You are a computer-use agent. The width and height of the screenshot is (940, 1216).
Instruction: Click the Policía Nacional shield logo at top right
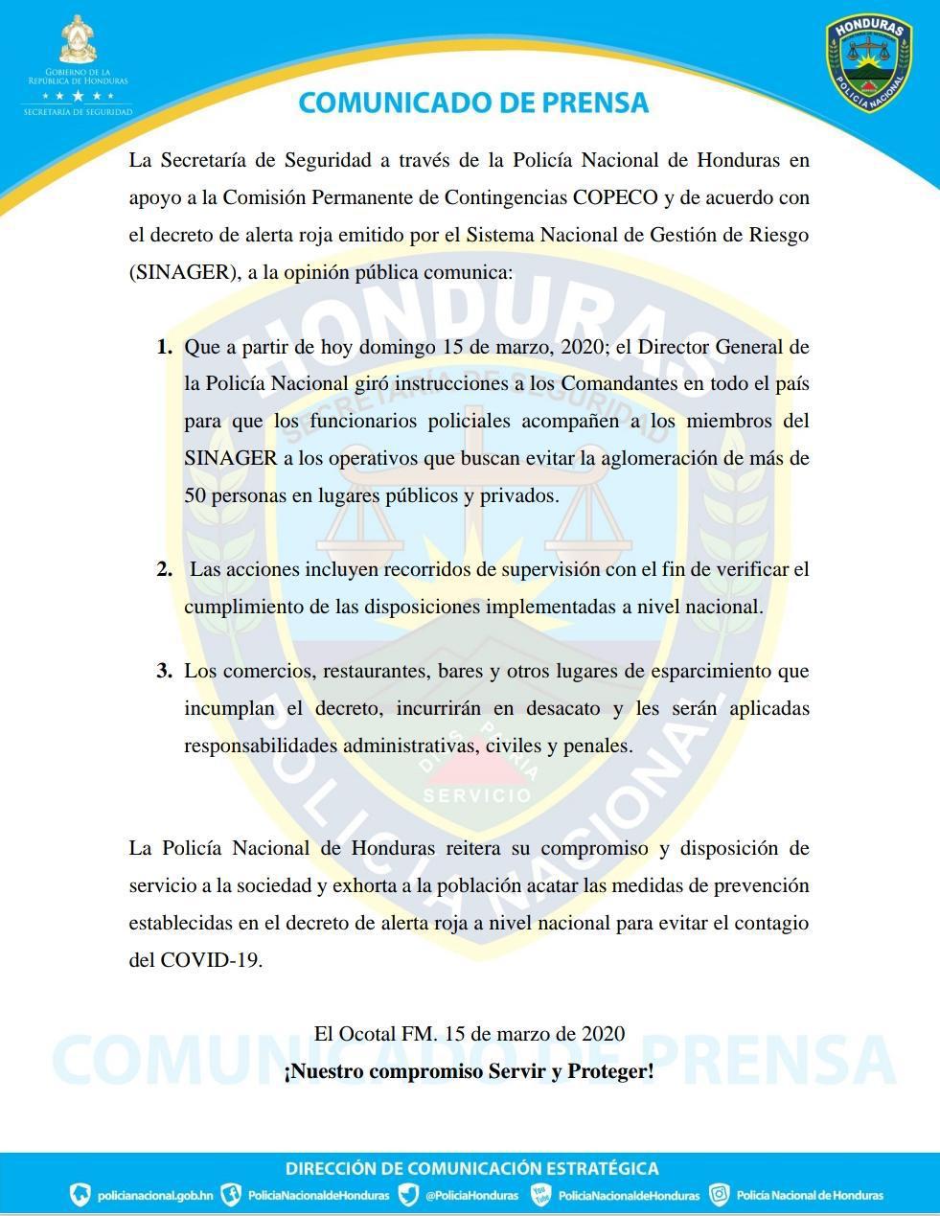tap(869, 62)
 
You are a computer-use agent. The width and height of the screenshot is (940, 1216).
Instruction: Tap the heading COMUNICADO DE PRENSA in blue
tap(473, 103)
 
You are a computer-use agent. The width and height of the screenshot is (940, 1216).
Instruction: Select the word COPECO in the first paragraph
tap(615, 197)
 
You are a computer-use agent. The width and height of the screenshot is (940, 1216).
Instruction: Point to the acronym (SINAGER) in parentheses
tap(183, 272)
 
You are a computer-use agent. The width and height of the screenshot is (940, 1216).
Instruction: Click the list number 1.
tap(165, 347)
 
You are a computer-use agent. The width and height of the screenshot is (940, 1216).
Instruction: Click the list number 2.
tap(165, 569)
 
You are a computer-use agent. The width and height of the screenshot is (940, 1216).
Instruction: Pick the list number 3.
tap(165, 671)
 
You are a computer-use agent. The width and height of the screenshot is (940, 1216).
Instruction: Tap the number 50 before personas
tap(195, 496)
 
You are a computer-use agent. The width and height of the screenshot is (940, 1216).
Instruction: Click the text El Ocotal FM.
tap(376, 1034)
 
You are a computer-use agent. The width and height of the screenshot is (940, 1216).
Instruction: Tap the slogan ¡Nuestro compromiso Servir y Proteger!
tap(469, 1071)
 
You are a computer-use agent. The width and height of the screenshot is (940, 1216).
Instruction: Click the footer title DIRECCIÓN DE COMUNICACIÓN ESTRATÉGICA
tap(471, 1168)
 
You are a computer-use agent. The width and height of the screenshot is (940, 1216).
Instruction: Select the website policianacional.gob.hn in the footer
tap(155, 1195)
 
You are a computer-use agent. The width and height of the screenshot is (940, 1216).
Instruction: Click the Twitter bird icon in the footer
tap(408, 1195)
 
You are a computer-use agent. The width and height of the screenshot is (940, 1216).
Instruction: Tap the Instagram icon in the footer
tap(719, 1195)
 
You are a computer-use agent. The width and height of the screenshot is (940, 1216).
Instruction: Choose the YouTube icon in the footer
tap(542, 1195)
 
